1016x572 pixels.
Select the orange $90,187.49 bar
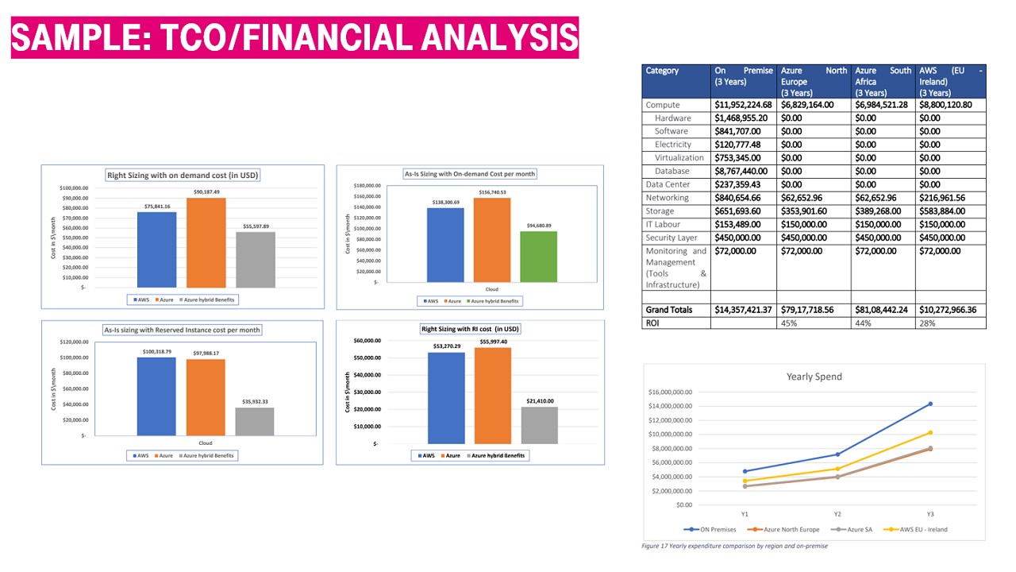tap(206, 242)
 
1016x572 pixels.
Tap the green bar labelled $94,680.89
tap(538, 256)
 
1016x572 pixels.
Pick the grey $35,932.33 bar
tap(255, 421)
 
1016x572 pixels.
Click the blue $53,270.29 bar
tap(445, 397)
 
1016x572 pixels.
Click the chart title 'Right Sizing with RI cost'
tap(470, 329)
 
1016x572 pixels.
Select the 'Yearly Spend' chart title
tap(814, 377)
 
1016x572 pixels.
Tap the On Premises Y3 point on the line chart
tap(930, 404)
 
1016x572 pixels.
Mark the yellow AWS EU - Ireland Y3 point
tap(930, 433)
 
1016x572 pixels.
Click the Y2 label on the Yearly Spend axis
tap(837, 514)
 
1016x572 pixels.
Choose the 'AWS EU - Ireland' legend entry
tap(919, 529)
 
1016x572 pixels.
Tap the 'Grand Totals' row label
tap(668, 310)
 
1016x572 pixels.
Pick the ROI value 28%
tap(927, 323)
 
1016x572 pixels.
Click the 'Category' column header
tap(662, 71)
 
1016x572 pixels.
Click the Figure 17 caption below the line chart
tap(734, 546)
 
